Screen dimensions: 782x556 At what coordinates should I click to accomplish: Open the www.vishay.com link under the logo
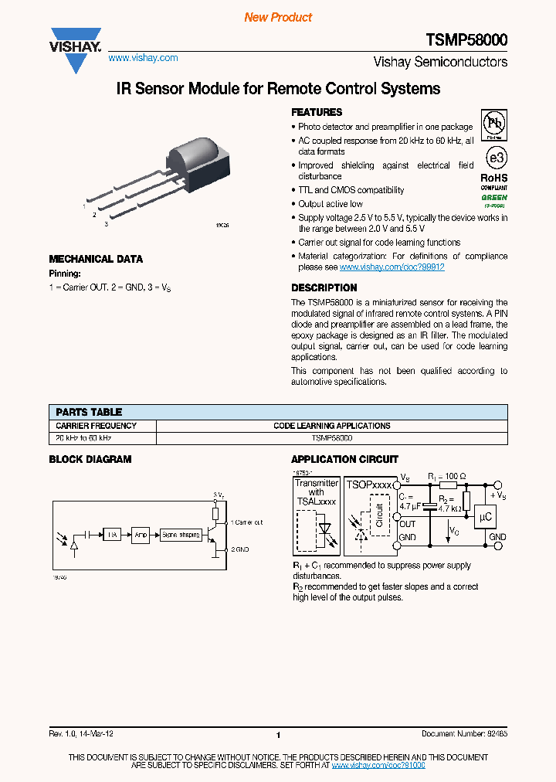pyautogui.click(x=143, y=58)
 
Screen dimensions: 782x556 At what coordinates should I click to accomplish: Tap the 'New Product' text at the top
pyautogui.click(x=278, y=17)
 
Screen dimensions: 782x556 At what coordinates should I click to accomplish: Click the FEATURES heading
pyautogui.click(x=317, y=112)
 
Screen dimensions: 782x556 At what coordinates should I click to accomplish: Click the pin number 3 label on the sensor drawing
pyautogui.click(x=106, y=224)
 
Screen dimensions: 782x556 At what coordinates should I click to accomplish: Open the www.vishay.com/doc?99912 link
pyautogui.click(x=392, y=267)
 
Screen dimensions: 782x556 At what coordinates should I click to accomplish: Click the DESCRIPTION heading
pyautogui.click(x=324, y=287)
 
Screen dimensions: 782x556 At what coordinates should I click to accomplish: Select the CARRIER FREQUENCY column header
pyautogui.click(x=97, y=426)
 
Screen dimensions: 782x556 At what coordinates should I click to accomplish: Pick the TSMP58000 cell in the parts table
pyautogui.click(x=331, y=437)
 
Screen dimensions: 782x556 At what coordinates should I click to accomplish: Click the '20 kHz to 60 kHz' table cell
pyautogui.click(x=83, y=437)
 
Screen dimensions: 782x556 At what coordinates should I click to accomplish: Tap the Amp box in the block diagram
pyautogui.click(x=140, y=534)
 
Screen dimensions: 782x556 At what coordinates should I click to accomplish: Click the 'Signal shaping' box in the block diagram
pyautogui.click(x=180, y=534)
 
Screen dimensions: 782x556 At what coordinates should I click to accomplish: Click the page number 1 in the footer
pyautogui.click(x=277, y=736)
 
